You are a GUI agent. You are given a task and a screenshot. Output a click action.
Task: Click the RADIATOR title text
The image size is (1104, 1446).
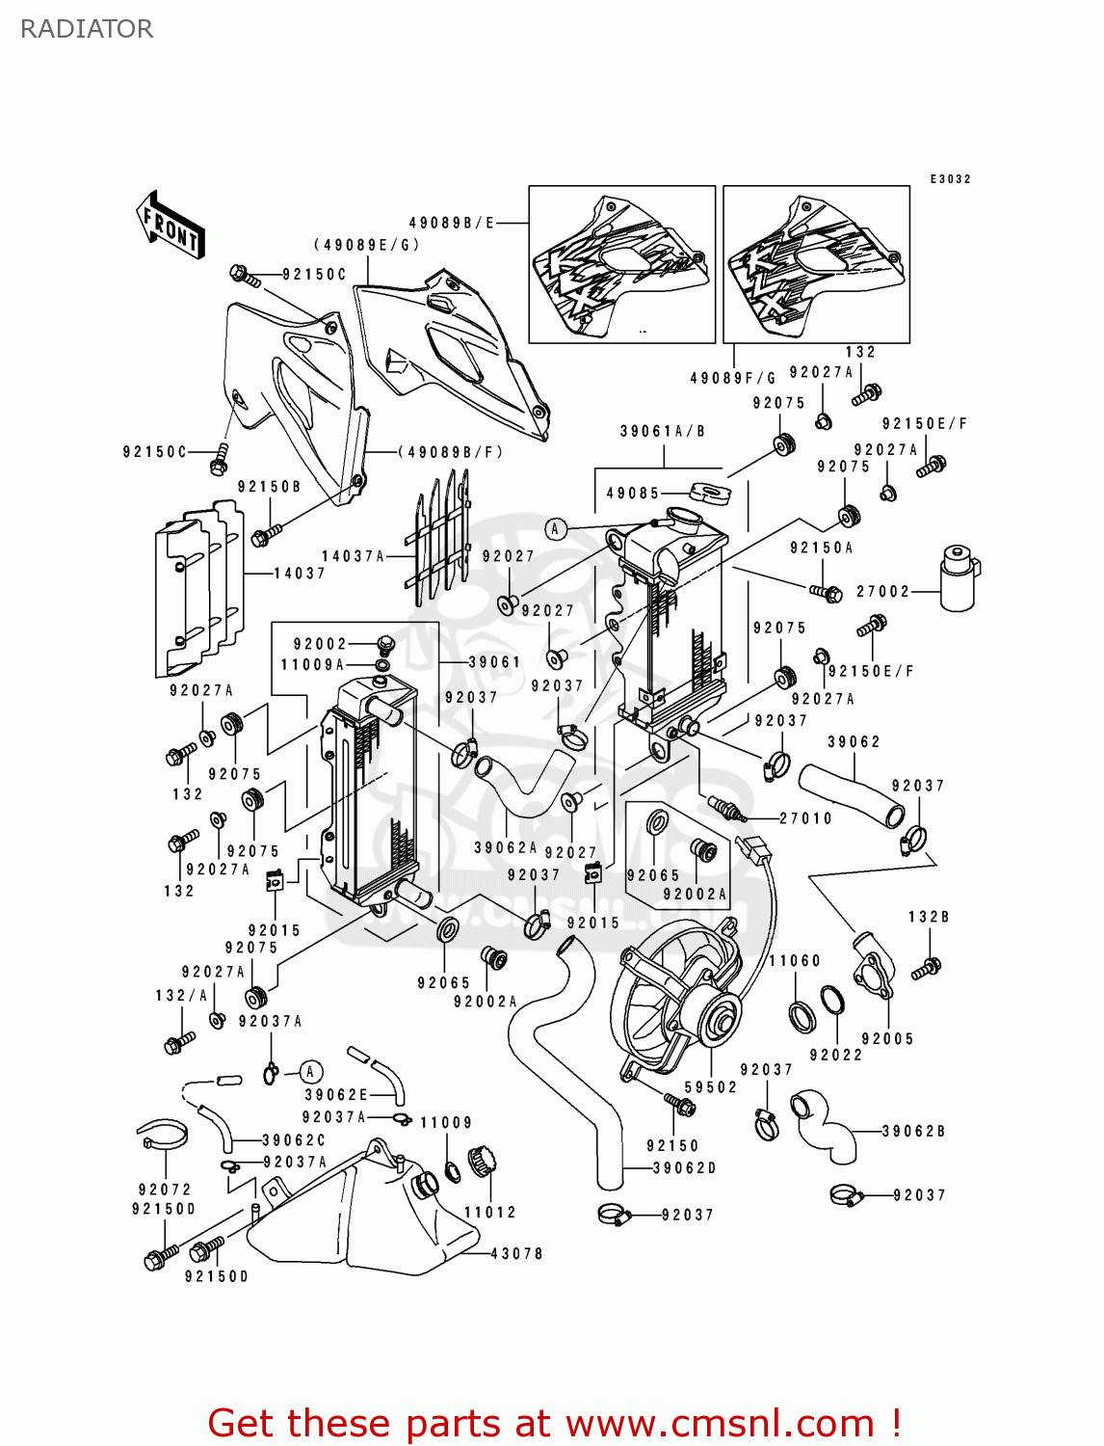(87, 29)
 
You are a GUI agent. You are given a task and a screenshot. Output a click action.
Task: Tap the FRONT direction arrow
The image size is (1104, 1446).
(171, 226)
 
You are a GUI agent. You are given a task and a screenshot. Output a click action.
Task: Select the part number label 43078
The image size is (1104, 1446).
(517, 1253)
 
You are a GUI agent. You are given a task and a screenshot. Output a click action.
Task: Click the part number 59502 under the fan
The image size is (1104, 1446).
(711, 1086)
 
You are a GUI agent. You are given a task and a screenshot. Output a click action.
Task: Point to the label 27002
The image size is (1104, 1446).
(882, 591)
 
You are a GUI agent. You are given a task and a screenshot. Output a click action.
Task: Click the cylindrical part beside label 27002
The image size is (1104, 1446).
(959, 578)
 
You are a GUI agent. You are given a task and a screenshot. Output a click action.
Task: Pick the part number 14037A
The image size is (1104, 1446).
(353, 556)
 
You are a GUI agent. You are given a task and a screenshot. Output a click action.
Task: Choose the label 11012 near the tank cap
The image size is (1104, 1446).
(490, 1212)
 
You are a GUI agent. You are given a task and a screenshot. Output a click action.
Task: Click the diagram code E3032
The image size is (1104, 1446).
(950, 179)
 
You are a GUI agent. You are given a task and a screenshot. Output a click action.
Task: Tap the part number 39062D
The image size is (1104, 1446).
(685, 1167)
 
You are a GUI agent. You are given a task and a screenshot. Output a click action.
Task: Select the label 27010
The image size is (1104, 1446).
(805, 818)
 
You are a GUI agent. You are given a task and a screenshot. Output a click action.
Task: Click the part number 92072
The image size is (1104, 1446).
(165, 1190)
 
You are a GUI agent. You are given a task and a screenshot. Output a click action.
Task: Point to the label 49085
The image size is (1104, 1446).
(633, 493)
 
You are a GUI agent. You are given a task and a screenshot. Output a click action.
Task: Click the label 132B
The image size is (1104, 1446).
(929, 917)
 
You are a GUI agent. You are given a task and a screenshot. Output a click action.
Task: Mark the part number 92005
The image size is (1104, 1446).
(887, 1038)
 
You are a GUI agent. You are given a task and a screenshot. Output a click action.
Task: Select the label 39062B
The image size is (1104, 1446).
(913, 1131)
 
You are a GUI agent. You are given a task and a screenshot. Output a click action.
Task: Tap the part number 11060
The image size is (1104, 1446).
(795, 960)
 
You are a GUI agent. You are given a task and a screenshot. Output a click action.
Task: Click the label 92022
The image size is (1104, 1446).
(836, 1055)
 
